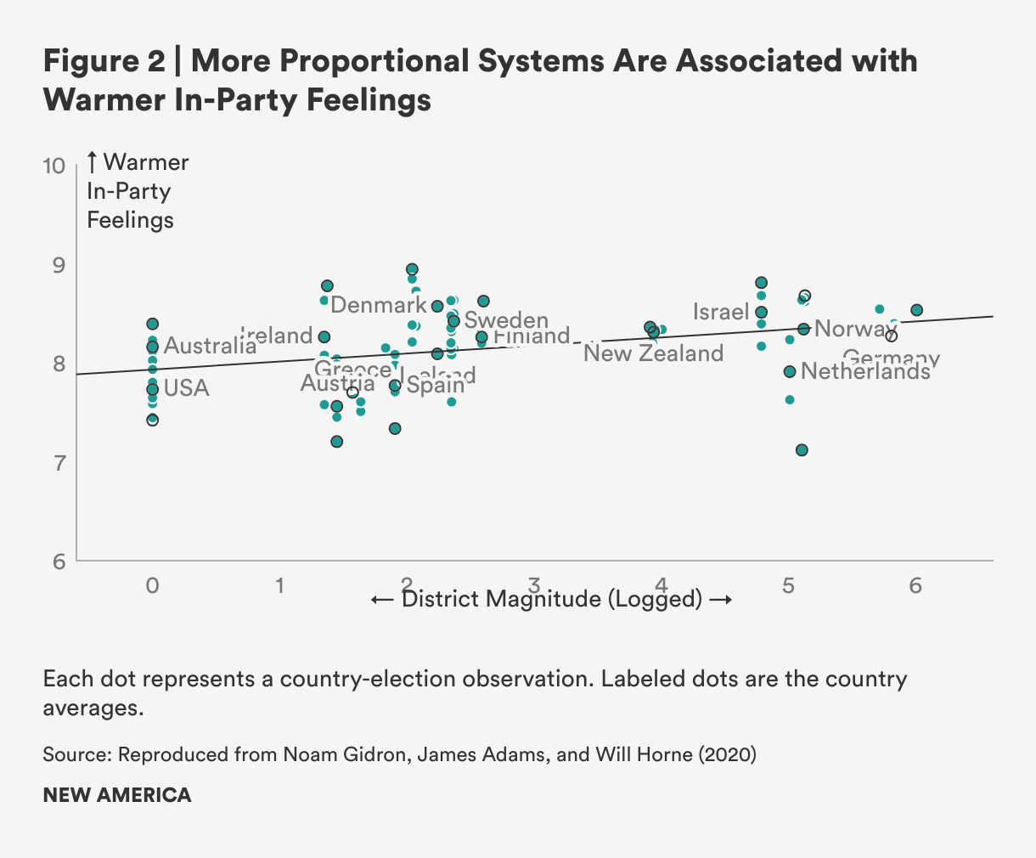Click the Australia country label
coord(210,346)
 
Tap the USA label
coord(186,388)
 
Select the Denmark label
coord(378,306)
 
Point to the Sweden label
coord(506,320)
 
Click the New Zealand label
coord(653,353)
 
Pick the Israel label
coord(721,312)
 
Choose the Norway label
coord(855,329)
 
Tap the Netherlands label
coord(865,371)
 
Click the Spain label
coord(435,385)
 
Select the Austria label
coord(337,384)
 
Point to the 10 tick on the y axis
coord(53,165)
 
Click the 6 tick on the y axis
coord(58,562)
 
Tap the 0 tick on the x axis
coord(152,585)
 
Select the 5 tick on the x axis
coord(788,585)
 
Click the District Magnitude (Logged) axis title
coord(552,600)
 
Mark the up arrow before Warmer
coord(93,162)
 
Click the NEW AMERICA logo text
coord(117,795)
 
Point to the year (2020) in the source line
coord(727,754)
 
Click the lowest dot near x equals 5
coord(802,450)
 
